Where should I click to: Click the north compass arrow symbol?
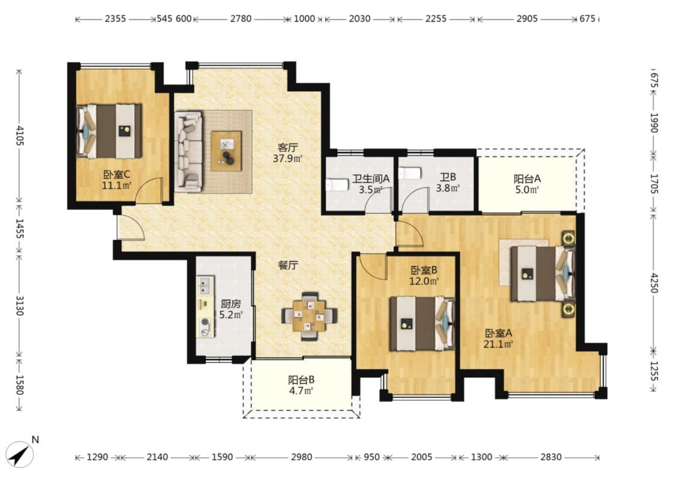tap(20, 454)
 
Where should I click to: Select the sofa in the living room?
tap(188, 152)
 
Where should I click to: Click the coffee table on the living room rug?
tap(226, 151)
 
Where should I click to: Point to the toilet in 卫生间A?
tap(337, 185)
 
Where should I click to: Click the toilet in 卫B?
tap(409, 173)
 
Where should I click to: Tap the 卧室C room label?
tap(116, 175)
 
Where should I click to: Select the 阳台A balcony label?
tap(527, 178)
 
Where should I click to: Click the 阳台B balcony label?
tap(301, 380)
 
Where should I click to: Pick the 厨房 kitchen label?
tap(230, 304)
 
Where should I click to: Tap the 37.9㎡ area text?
tap(287, 158)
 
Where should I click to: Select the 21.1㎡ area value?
tap(499, 344)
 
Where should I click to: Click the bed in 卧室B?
tap(422, 323)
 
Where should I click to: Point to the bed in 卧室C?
tap(109, 131)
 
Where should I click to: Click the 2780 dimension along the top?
tap(241, 19)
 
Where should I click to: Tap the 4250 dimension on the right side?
tap(654, 283)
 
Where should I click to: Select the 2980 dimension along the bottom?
tap(301, 457)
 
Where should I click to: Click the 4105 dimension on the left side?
tap(19, 135)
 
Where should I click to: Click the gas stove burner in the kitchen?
tap(205, 322)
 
